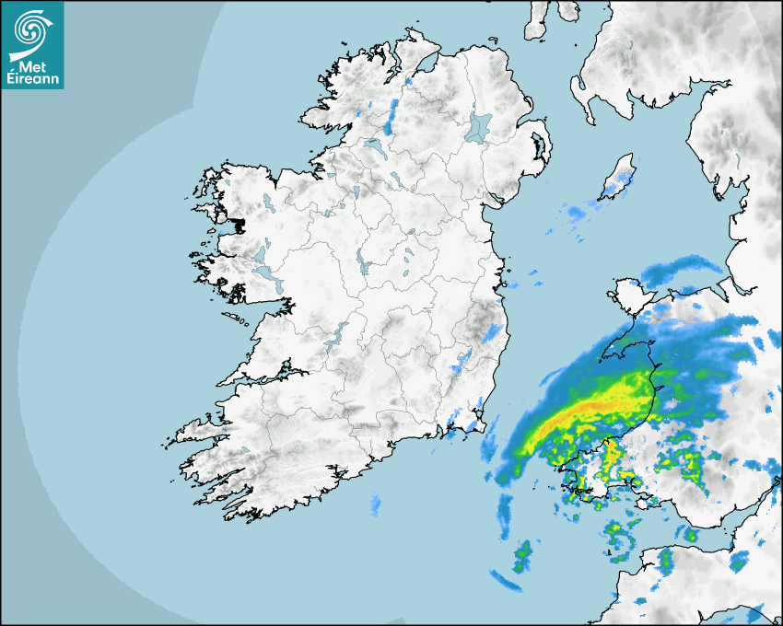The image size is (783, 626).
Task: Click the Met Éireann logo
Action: click(32, 44)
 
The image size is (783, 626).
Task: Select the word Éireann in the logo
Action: click(32, 79)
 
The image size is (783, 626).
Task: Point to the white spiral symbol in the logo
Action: click(31, 32)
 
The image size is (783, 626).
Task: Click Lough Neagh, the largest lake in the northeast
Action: click(479, 126)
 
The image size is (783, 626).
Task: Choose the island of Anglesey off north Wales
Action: click(625, 297)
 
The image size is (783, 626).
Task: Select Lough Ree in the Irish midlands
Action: click(364, 265)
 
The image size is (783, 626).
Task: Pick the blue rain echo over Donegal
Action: click(391, 115)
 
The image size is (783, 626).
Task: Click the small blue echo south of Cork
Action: click(376, 504)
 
